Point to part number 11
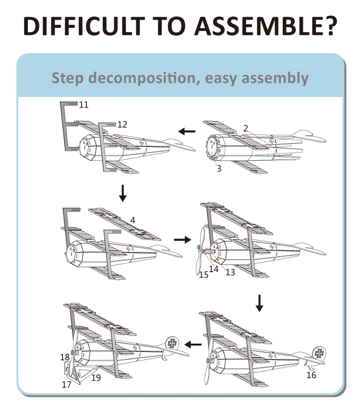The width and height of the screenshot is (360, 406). [x=84, y=104]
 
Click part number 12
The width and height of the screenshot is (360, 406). [x=122, y=124]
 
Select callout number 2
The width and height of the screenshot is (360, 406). [x=245, y=128]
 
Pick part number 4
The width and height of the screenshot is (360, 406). [x=132, y=220]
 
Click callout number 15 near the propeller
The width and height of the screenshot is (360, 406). [x=204, y=275]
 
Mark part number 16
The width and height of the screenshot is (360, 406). [x=312, y=375]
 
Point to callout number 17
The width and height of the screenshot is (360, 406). [x=66, y=384]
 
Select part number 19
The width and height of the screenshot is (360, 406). [x=96, y=378]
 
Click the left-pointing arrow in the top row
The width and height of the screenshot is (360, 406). [x=187, y=131]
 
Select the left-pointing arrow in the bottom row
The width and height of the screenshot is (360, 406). [x=193, y=344]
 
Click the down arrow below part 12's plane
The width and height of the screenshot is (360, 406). [x=123, y=192]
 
